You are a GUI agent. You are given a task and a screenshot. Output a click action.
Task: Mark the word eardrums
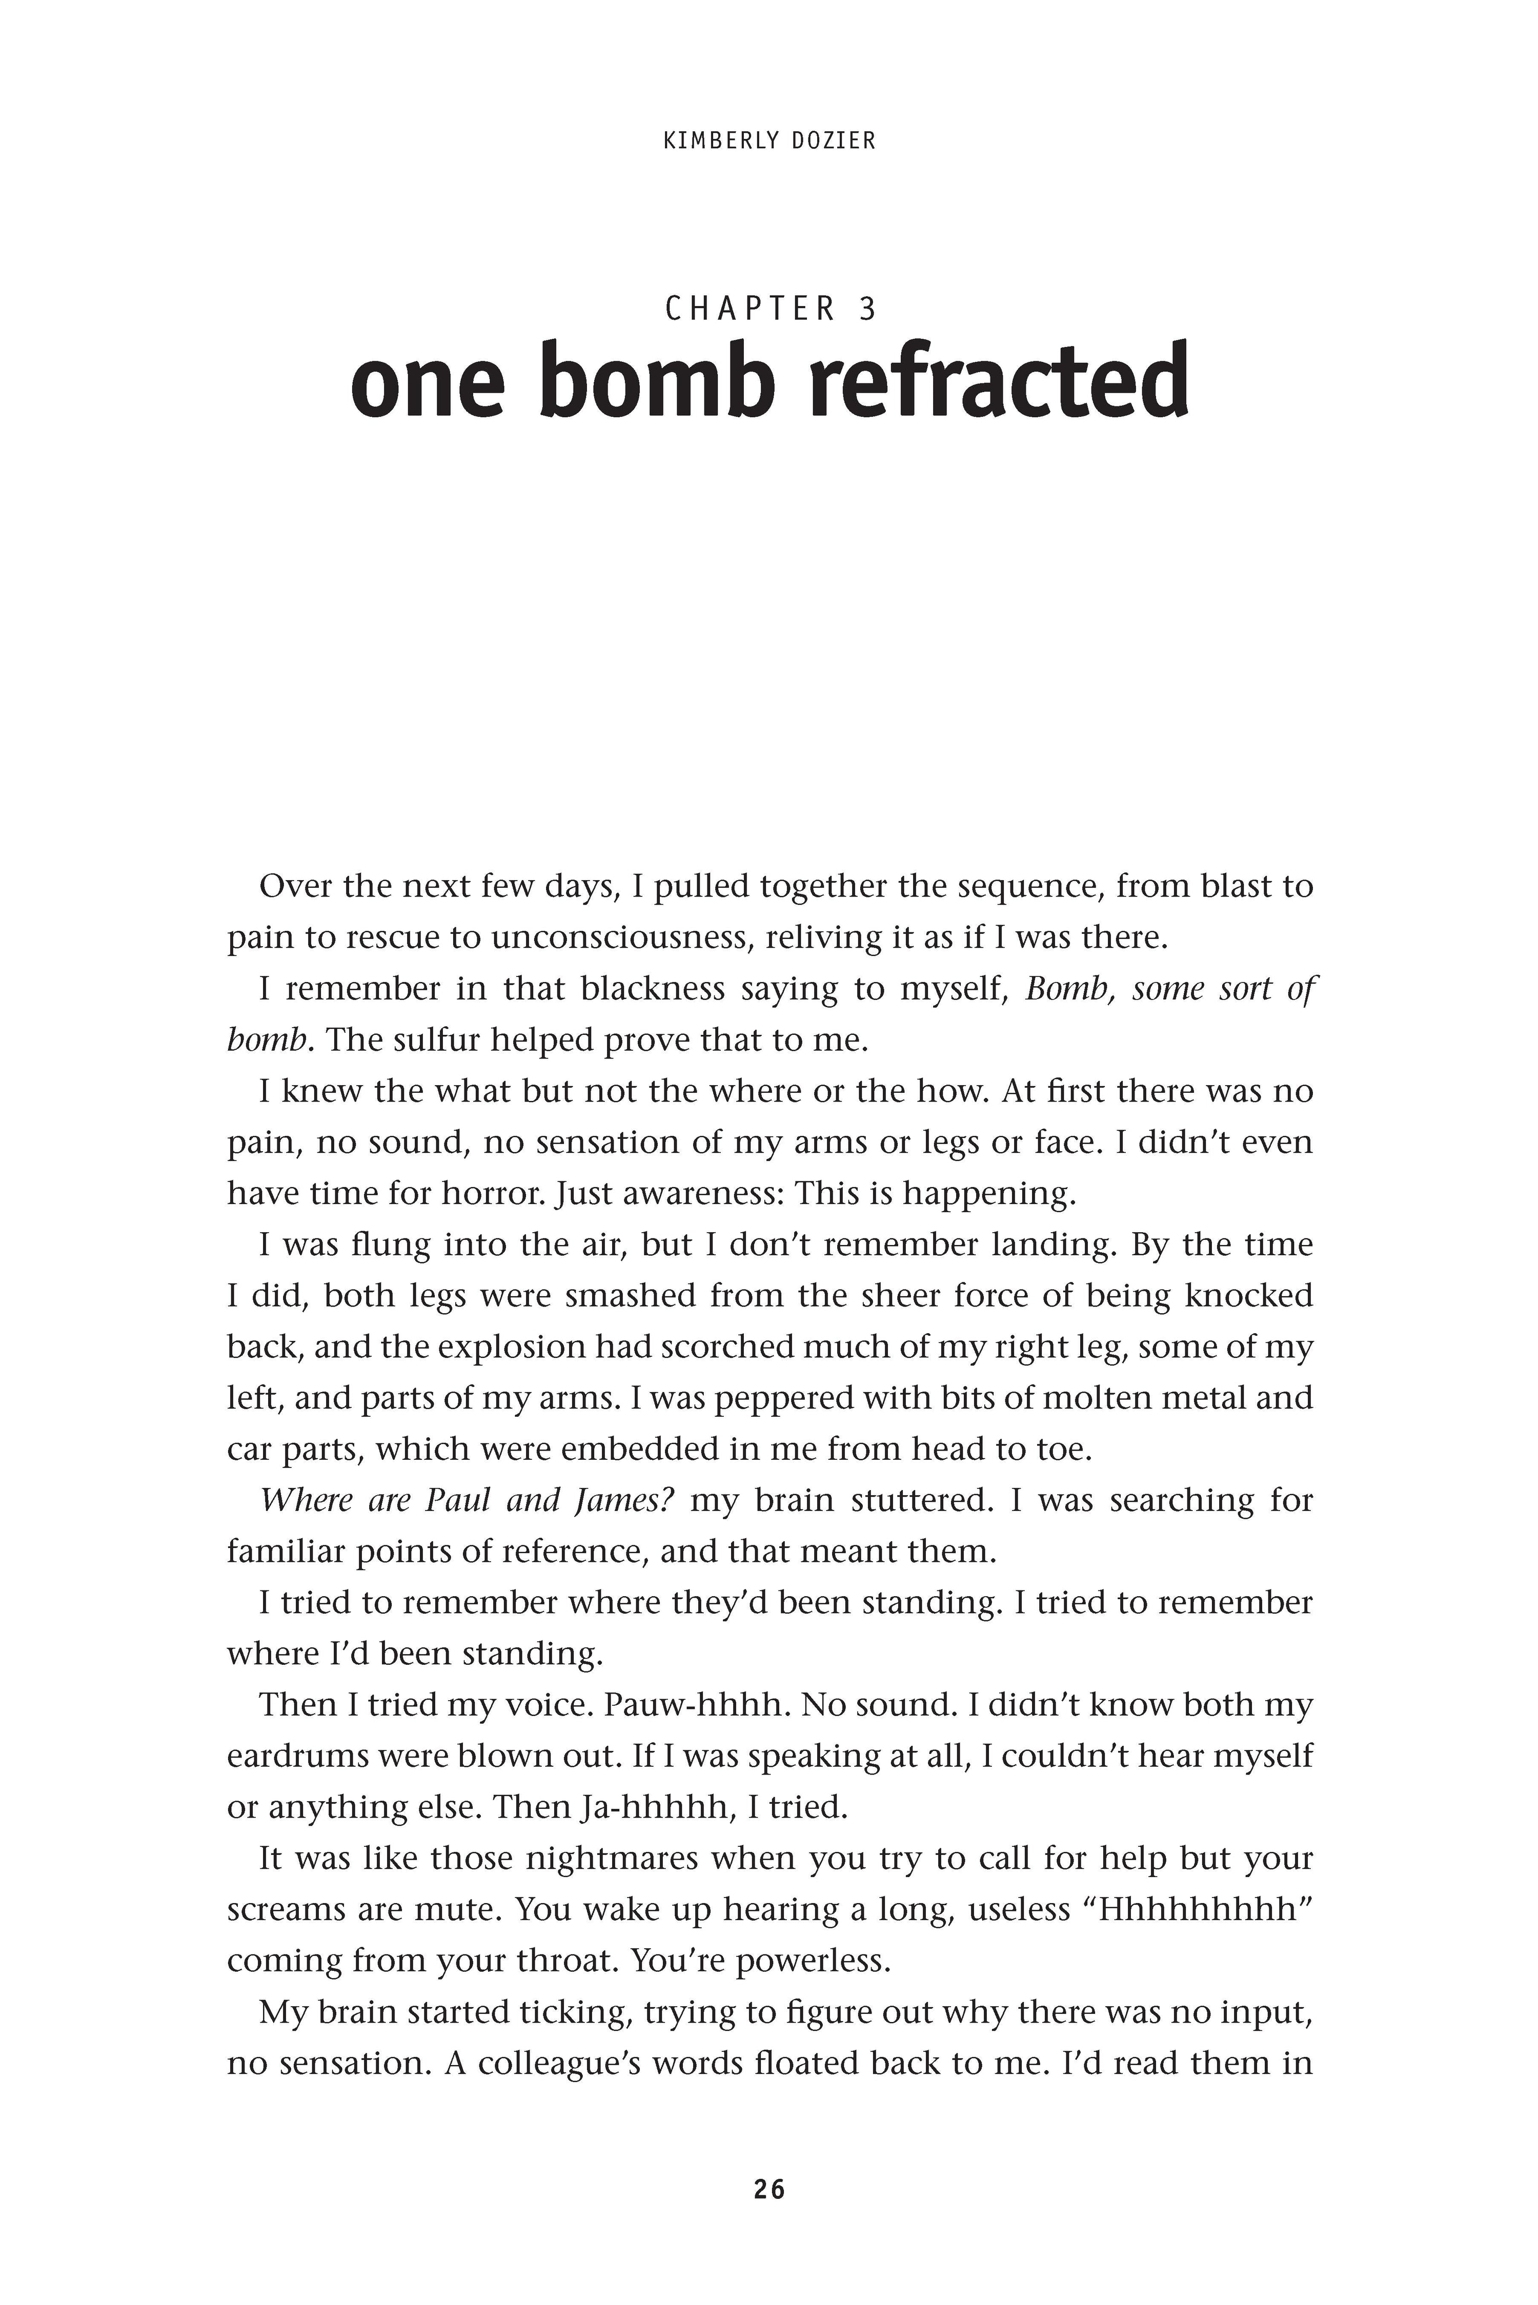(300, 1755)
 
